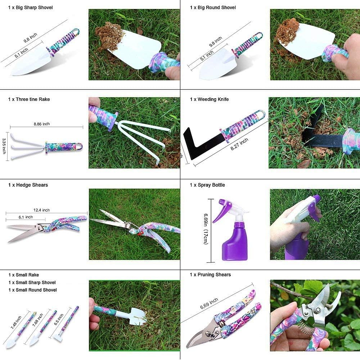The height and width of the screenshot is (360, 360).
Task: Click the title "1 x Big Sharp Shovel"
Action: coord(31,8)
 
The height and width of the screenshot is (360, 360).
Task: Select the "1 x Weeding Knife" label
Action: coord(209,99)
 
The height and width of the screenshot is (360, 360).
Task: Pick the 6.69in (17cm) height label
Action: coord(205,230)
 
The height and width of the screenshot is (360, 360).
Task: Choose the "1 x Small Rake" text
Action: coord(23,275)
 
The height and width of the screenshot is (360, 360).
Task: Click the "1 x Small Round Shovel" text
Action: coord(32,290)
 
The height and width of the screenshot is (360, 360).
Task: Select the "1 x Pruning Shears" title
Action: coord(210,275)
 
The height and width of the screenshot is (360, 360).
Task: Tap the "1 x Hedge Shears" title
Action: coord(28,185)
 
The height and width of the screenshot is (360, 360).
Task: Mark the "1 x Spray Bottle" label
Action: coord(207,185)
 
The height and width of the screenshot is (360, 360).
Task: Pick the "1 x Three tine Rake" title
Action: coord(29,99)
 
